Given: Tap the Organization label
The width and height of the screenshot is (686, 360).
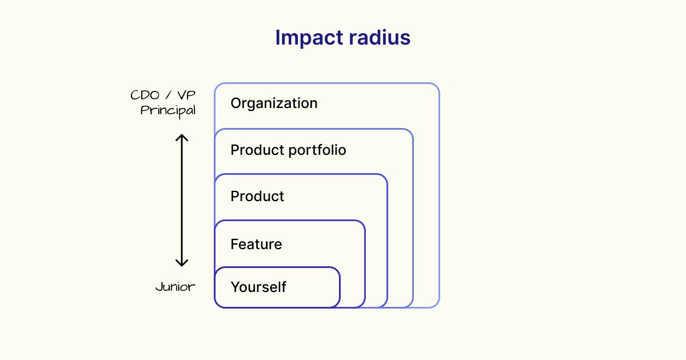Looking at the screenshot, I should click(274, 103).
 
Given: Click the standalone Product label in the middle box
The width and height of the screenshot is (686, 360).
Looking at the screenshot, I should click(257, 197).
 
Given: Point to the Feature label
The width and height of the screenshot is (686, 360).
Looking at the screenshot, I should click(256, 245).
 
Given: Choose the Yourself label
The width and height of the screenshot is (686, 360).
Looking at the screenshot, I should click(258, 287).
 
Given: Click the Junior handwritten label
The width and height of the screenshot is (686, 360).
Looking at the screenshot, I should click(176, 287).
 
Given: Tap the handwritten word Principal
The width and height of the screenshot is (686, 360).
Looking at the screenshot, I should click(168, 110).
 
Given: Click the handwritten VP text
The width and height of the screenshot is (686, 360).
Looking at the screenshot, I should click(186, 95).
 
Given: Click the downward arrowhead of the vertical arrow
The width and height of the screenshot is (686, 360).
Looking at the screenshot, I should click(181, 263).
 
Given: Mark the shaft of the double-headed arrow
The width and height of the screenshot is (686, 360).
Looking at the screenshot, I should click(181, 200).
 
